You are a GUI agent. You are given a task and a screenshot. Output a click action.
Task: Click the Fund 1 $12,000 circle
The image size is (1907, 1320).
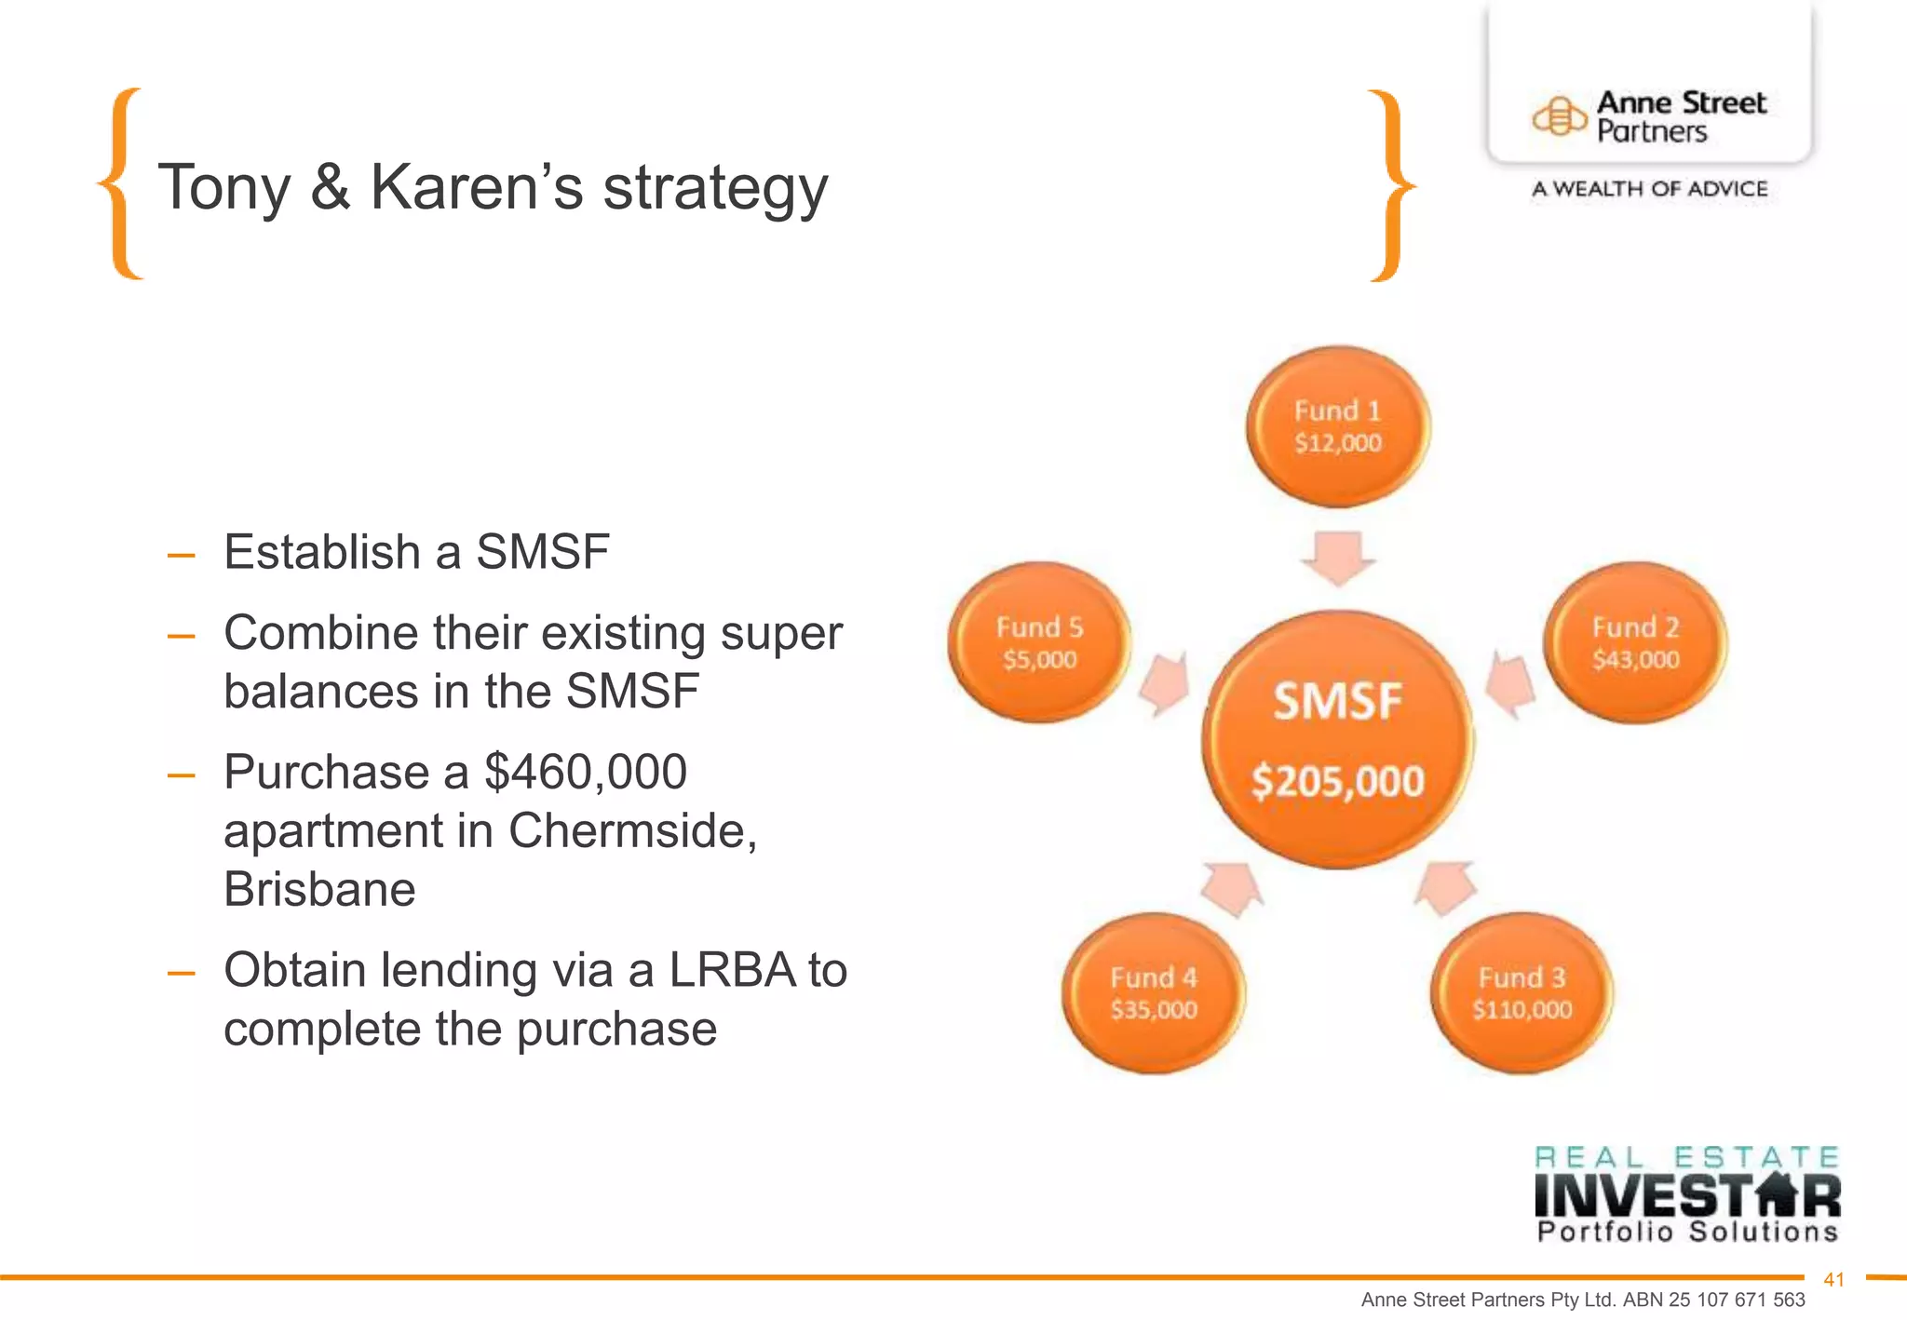(x=1338, y=426)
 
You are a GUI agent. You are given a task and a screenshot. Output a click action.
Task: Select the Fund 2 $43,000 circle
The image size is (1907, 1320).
(x=1635, y=642)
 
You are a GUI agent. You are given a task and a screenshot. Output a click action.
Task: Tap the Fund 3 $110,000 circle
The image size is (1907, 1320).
(x=1522, y=993)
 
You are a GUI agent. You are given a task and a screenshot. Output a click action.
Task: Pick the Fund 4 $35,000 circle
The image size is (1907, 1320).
(x=1154, y=993)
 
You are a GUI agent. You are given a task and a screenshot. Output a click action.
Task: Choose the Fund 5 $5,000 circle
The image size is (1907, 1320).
(x=1039, y=642)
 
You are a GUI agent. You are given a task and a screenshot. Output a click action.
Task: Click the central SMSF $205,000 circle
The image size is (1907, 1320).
(x=1338, y=740)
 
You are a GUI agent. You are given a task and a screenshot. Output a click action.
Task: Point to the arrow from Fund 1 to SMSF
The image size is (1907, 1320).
(x=1338, y=557)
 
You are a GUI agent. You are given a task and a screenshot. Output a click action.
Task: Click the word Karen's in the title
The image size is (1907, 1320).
(x=477, y=187)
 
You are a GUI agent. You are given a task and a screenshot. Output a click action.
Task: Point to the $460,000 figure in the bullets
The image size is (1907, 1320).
(x=586, y=772)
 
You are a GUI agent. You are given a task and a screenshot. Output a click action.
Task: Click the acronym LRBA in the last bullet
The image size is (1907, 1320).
(x=731, y=970)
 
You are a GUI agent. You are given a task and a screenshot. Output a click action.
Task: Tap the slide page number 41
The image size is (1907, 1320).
(x=1833, y=1280)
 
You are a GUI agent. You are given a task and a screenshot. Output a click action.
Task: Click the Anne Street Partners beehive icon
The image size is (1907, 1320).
(x=1559, y=117)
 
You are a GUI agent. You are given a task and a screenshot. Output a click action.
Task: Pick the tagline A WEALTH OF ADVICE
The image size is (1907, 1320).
(x=1649, y=189)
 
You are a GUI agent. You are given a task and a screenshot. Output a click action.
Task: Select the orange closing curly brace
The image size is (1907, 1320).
(x=1389, y=185)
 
